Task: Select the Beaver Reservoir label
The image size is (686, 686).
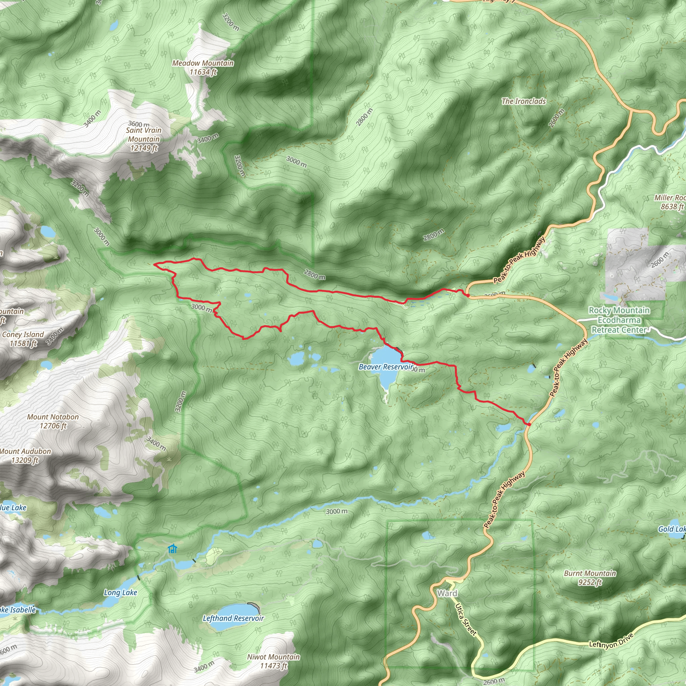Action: tap(386, 367)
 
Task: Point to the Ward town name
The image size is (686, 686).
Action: tap(447, 593)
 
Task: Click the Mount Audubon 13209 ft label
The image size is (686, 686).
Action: tap(25, 456)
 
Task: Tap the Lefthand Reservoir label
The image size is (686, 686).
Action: tap(233, 618)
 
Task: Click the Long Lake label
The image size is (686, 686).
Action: tap(120, 592)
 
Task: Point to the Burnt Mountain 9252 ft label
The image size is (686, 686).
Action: tap(590, 577)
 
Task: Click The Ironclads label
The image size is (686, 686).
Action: tap(524, 101)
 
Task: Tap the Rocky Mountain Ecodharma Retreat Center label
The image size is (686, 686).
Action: tap(619, 320)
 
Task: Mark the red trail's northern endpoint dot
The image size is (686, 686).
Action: tap(468, 295)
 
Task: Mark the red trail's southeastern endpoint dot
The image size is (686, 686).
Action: tap(529, 424)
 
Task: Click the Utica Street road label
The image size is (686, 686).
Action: tap(466, 619)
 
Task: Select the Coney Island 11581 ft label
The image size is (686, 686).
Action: tap(23, 339)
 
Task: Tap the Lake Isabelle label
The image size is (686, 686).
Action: tap(18, 610)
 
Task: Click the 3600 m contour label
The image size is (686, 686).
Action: tap(138, 124)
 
